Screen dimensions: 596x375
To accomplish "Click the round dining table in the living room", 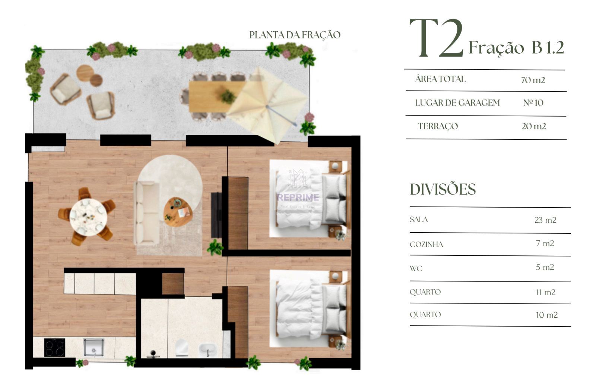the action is click(x=88, y=217).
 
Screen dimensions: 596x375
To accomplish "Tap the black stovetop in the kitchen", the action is click(x=54, y=347).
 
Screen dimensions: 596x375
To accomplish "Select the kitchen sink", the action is click(x=93, y=347).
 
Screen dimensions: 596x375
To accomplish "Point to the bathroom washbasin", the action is click(x=208, y=350).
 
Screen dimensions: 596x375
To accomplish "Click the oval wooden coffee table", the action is click(x=178, y=212).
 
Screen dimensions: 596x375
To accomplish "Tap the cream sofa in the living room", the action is click(x=147, y=213).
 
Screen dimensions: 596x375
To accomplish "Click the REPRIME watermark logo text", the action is click(x=298, y=197).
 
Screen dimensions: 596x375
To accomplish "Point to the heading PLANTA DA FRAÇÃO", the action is click(x=295, y=35).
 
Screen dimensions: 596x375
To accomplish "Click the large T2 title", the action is click(x=437, y=38).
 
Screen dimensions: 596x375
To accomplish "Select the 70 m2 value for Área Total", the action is click(x=533, y=80).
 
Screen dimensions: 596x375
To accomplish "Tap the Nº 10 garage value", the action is click(x=533, y=103).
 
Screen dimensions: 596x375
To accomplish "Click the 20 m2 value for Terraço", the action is click(x=534, y=126).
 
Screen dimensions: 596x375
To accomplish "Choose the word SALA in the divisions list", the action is click(x=419, y=220).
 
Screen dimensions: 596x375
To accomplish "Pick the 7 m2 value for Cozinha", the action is click(x=545, y=243).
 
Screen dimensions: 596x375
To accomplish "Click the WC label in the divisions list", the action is click(x=416, y=268).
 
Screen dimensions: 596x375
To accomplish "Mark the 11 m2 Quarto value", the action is click(x=545, y=293).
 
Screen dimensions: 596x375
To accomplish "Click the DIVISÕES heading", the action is click(x=443, y=189).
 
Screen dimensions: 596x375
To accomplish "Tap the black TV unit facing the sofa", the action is click(x=216, y=215).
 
